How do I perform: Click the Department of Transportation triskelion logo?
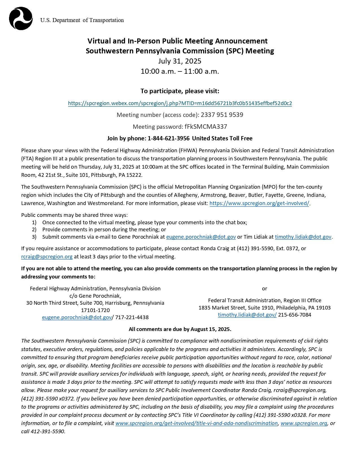[x=21, y=18]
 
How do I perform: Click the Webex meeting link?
[x=180, y=103]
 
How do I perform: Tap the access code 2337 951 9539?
[x=222, y=115]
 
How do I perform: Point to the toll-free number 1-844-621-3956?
[x=169, y=138]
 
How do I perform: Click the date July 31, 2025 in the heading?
[x=180, y=61]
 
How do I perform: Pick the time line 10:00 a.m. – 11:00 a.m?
[x=180, y=71]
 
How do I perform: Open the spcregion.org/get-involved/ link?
[x=259, y=203]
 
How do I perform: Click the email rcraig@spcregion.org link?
[x=47, y=257]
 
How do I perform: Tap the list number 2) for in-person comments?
[x=34, y=230]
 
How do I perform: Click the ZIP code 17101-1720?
[x=95, y=310]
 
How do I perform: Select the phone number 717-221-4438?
[x=132, y=317]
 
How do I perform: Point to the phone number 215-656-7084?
[x=294, y=315]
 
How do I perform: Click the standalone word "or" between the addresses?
[x=264, y=289]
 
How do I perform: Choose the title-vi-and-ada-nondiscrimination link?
[x=197, y=423]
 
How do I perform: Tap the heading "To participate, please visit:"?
[x=180, y=91]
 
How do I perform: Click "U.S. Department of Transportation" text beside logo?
[x=82, y=20]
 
